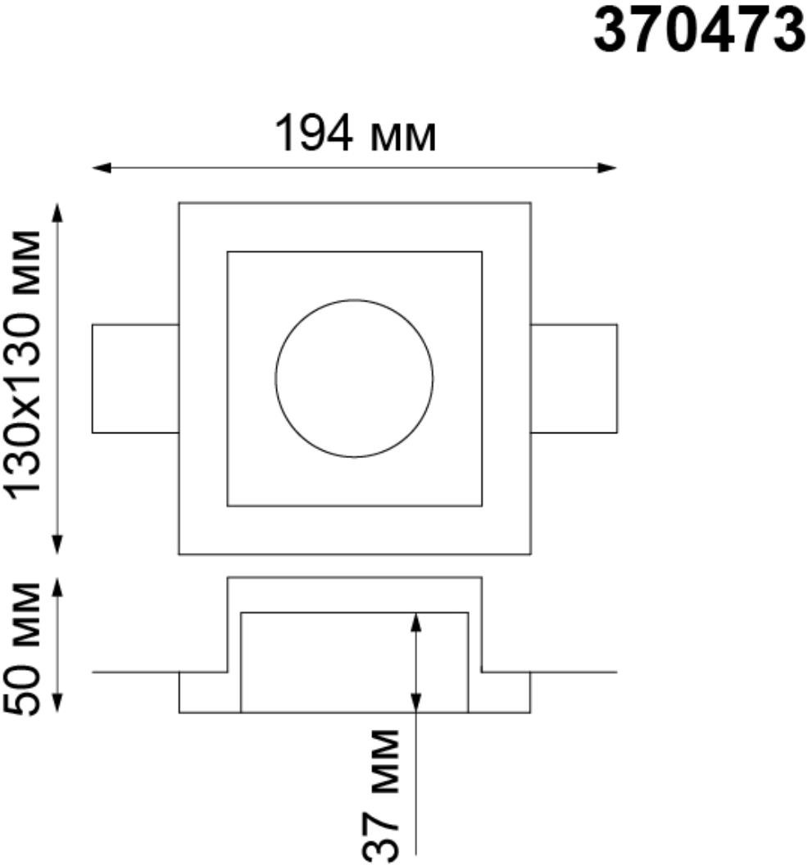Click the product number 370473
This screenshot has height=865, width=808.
699,31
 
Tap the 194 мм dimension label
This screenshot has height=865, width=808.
356,134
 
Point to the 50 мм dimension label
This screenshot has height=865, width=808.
23,650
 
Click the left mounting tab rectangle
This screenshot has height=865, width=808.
92,378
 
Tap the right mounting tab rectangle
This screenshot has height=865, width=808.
616,378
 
